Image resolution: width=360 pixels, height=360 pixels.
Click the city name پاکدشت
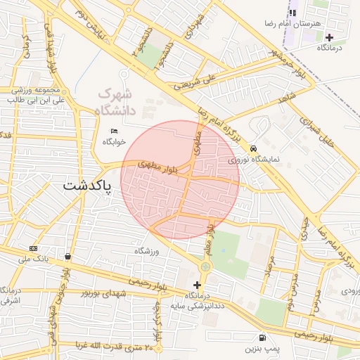[87, 186]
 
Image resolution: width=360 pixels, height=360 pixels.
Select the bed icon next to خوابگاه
[115, 131]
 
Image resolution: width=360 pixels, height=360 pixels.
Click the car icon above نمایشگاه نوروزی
[253, 148]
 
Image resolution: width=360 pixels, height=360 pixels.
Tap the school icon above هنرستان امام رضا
[293, 12]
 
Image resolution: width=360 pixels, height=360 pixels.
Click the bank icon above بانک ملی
[34, 248]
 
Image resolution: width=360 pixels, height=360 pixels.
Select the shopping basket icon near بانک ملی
[67, 257]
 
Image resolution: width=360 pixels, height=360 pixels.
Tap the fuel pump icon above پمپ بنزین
[262, 337]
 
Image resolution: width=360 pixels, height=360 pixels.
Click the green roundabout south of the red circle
[205, 267]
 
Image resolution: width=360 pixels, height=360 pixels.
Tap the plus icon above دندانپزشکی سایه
[196, 285]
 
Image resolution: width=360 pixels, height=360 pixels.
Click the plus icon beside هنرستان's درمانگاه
[329, 37]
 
